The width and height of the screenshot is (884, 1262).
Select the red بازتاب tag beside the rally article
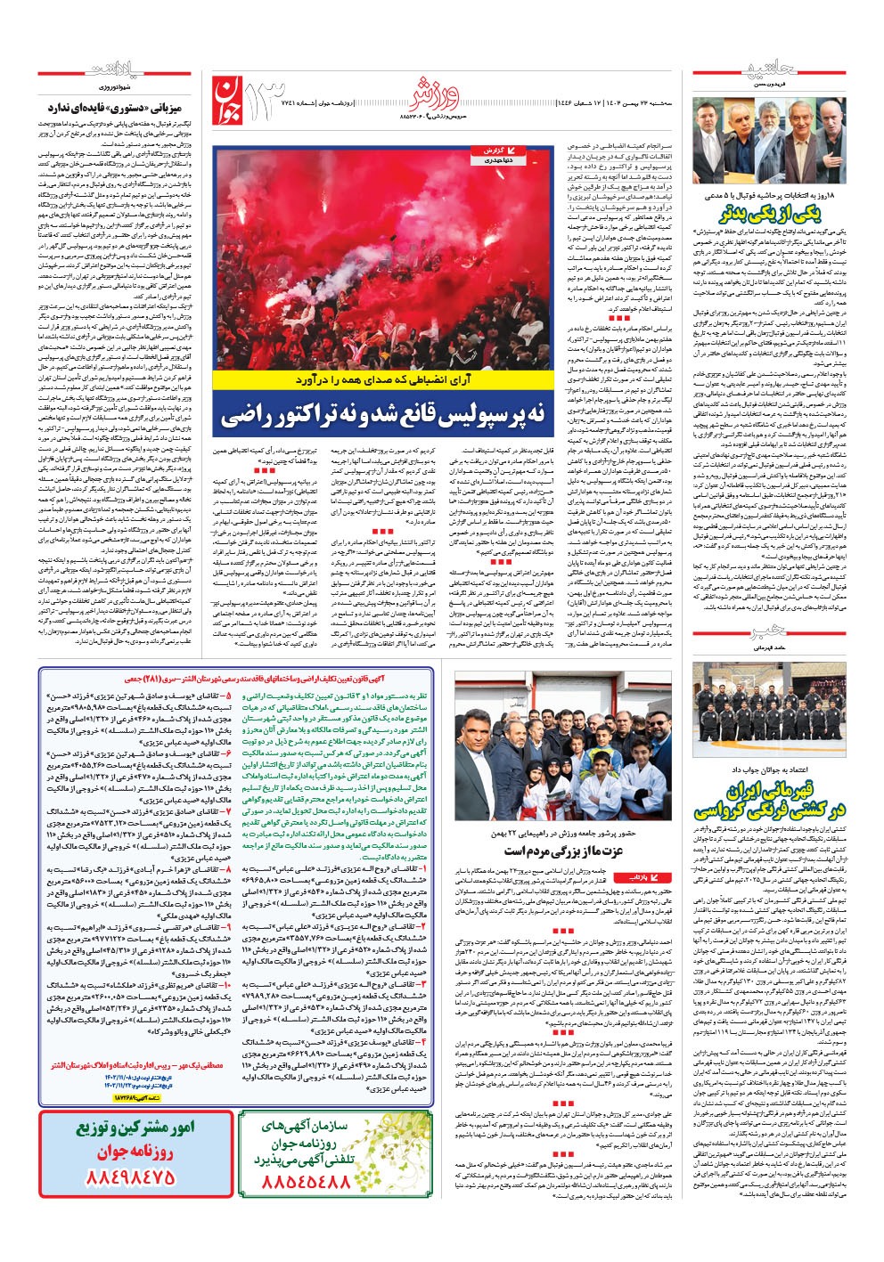pos(652,876)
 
